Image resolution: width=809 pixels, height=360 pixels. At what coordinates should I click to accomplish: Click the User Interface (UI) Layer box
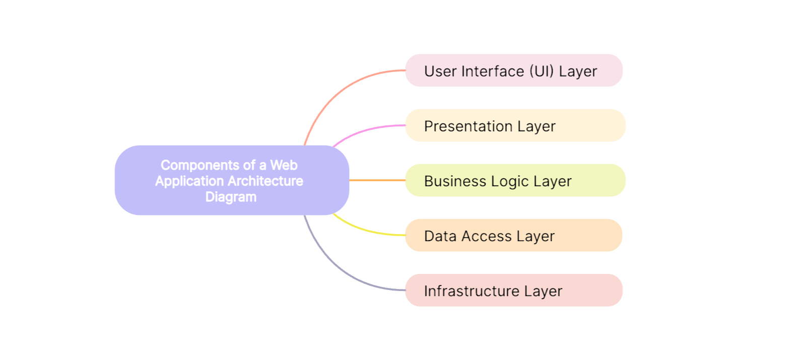tap(514, 70)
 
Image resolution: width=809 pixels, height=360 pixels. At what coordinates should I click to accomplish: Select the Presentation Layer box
tap(515, 125)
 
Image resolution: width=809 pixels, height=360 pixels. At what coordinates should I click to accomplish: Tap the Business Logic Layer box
tap(515, 180)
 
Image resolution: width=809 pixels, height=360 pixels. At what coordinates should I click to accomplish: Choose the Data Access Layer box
tap(514, 235)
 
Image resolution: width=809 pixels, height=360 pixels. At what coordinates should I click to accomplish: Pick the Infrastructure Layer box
tap(514, 290)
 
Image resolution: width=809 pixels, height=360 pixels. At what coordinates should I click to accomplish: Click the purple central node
tap(232, 180)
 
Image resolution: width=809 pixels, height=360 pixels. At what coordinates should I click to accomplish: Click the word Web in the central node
tap(284, 165)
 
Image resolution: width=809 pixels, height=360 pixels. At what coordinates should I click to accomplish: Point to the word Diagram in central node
tap(231, 197)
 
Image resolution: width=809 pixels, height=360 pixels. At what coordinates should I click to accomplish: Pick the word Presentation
tap(468, 126)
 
